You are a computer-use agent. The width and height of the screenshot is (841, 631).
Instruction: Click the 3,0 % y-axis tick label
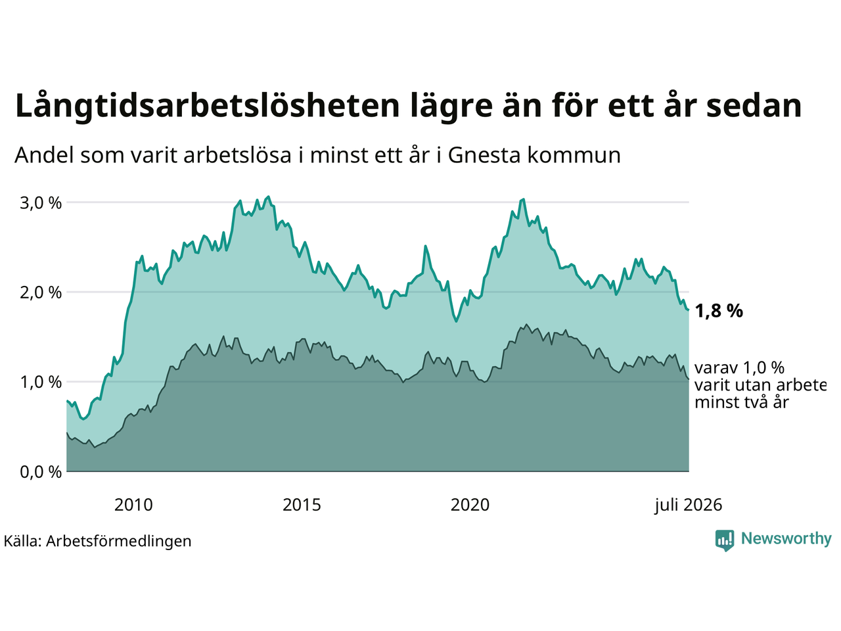click(x=41, y=202)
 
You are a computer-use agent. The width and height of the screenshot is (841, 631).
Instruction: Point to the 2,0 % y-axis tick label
click(x=41, y=292)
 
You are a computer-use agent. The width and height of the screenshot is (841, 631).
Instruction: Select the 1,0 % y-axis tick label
click(x=41, y=383)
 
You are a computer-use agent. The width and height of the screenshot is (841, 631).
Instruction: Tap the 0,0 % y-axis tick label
click(x=41, y=472)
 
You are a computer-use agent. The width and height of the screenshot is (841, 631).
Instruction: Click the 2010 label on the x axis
click(x=133, y=505)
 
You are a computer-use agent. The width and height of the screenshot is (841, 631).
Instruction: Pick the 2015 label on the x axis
click(x=302, y=505)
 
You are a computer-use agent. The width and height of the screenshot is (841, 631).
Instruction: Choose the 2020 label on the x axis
click(x=470, y=505)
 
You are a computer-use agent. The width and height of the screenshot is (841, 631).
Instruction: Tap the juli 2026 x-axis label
click(x=688, y=505)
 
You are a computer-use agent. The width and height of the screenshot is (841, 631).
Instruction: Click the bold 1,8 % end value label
click(x=719, y=311)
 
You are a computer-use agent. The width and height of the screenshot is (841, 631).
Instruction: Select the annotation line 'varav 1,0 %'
click(x=739, y=368)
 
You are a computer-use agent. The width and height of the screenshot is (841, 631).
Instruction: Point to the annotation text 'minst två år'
click(x=742, y=402)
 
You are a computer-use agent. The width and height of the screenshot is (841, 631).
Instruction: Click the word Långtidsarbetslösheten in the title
click(x=207, y=106)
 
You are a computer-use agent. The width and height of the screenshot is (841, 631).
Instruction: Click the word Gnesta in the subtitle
click(x=484, y=156)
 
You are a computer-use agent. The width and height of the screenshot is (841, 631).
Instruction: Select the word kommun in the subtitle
click(x=574, y=156)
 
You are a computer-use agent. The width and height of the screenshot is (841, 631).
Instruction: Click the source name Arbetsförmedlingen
click(x=118, y=542)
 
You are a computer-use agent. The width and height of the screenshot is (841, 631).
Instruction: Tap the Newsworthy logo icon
click(x=725, y=540)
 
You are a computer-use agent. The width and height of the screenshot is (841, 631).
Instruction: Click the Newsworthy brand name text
click(x=786, y=539)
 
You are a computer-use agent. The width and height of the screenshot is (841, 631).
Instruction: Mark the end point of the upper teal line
click(x=689, y=310)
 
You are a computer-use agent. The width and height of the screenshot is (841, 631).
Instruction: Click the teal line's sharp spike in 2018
click(x=425, y=246)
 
